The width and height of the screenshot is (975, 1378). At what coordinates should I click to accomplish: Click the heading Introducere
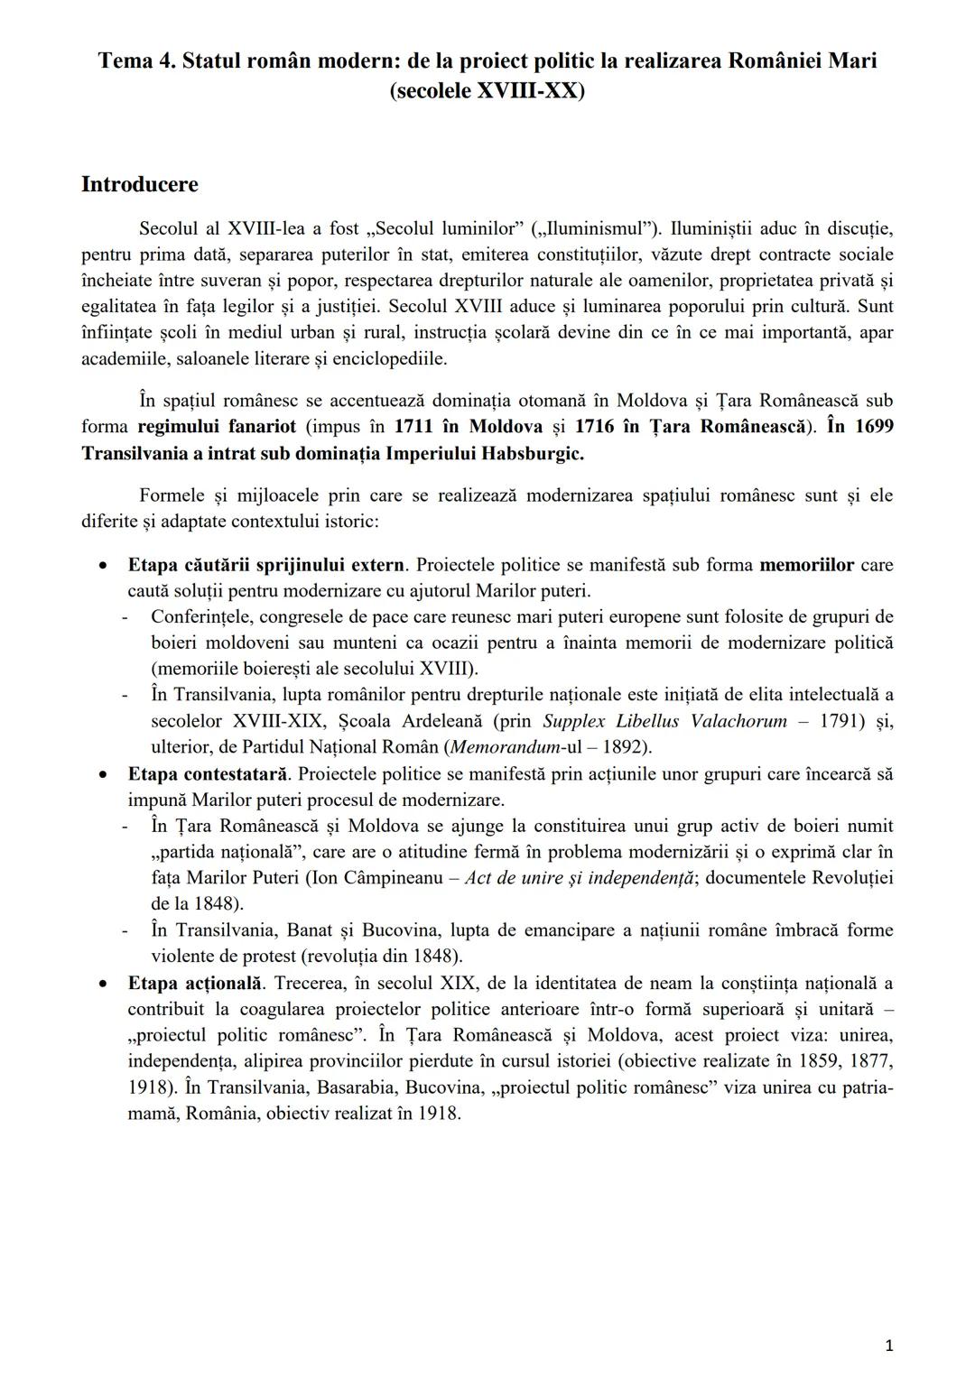click(139, 184)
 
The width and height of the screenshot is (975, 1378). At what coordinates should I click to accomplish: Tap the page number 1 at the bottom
click(889, 1346)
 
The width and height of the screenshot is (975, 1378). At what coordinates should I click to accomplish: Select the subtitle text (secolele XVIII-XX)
click(487, 91)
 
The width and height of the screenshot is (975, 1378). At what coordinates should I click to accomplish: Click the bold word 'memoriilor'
click(806, 565)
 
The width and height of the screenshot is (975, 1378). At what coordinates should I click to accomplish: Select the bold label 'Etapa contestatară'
click(208, 773)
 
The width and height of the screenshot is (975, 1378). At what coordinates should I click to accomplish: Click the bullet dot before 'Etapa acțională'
click(106, 983)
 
